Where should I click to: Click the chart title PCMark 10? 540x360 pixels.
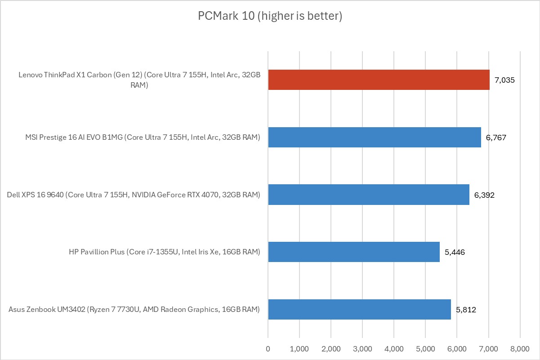270,17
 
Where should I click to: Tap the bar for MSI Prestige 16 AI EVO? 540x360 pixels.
375,137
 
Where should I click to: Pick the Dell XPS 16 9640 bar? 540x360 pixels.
369,195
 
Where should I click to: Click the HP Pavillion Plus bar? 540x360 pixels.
354,252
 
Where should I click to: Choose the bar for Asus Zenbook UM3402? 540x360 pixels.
359,309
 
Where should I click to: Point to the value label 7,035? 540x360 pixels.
504,80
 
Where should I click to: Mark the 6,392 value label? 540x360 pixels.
484,195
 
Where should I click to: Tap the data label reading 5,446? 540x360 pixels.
454,252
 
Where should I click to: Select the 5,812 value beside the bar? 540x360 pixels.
466,310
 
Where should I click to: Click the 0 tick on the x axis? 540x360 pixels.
268,348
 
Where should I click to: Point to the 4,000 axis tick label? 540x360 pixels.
394,348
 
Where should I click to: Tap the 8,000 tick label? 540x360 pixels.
520,348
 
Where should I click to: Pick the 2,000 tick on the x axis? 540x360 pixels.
331,348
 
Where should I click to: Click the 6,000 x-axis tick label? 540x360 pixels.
457,348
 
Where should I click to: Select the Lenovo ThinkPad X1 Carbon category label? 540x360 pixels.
139,80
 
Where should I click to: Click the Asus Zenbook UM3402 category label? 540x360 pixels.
134,309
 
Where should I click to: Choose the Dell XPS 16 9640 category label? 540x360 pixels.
134,195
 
